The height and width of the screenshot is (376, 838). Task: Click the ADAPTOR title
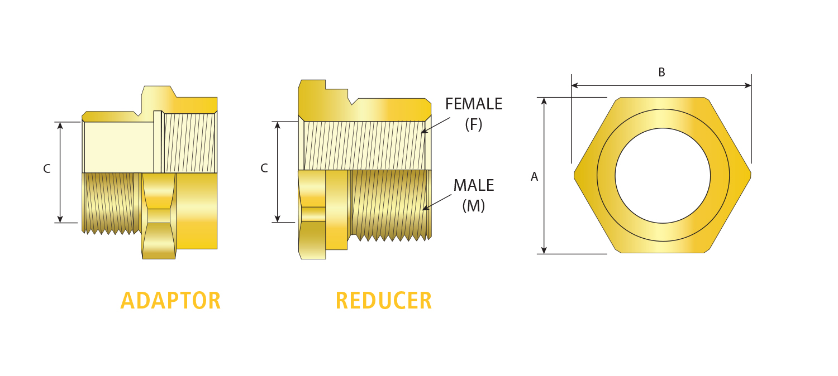170,301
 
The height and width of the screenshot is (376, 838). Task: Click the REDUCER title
383,301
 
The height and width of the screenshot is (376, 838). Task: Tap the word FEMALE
474,104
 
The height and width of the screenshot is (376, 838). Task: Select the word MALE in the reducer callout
473,185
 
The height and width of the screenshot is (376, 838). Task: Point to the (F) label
474,124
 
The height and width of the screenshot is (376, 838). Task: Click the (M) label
474,206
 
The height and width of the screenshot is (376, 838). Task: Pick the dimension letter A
534,177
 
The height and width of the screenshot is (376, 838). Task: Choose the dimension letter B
661,73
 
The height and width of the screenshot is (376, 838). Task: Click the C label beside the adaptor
47,168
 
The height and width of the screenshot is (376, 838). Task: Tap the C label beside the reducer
264,168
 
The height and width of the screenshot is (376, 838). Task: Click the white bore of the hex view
663,176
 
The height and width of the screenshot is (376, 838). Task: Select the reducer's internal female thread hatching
363,145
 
